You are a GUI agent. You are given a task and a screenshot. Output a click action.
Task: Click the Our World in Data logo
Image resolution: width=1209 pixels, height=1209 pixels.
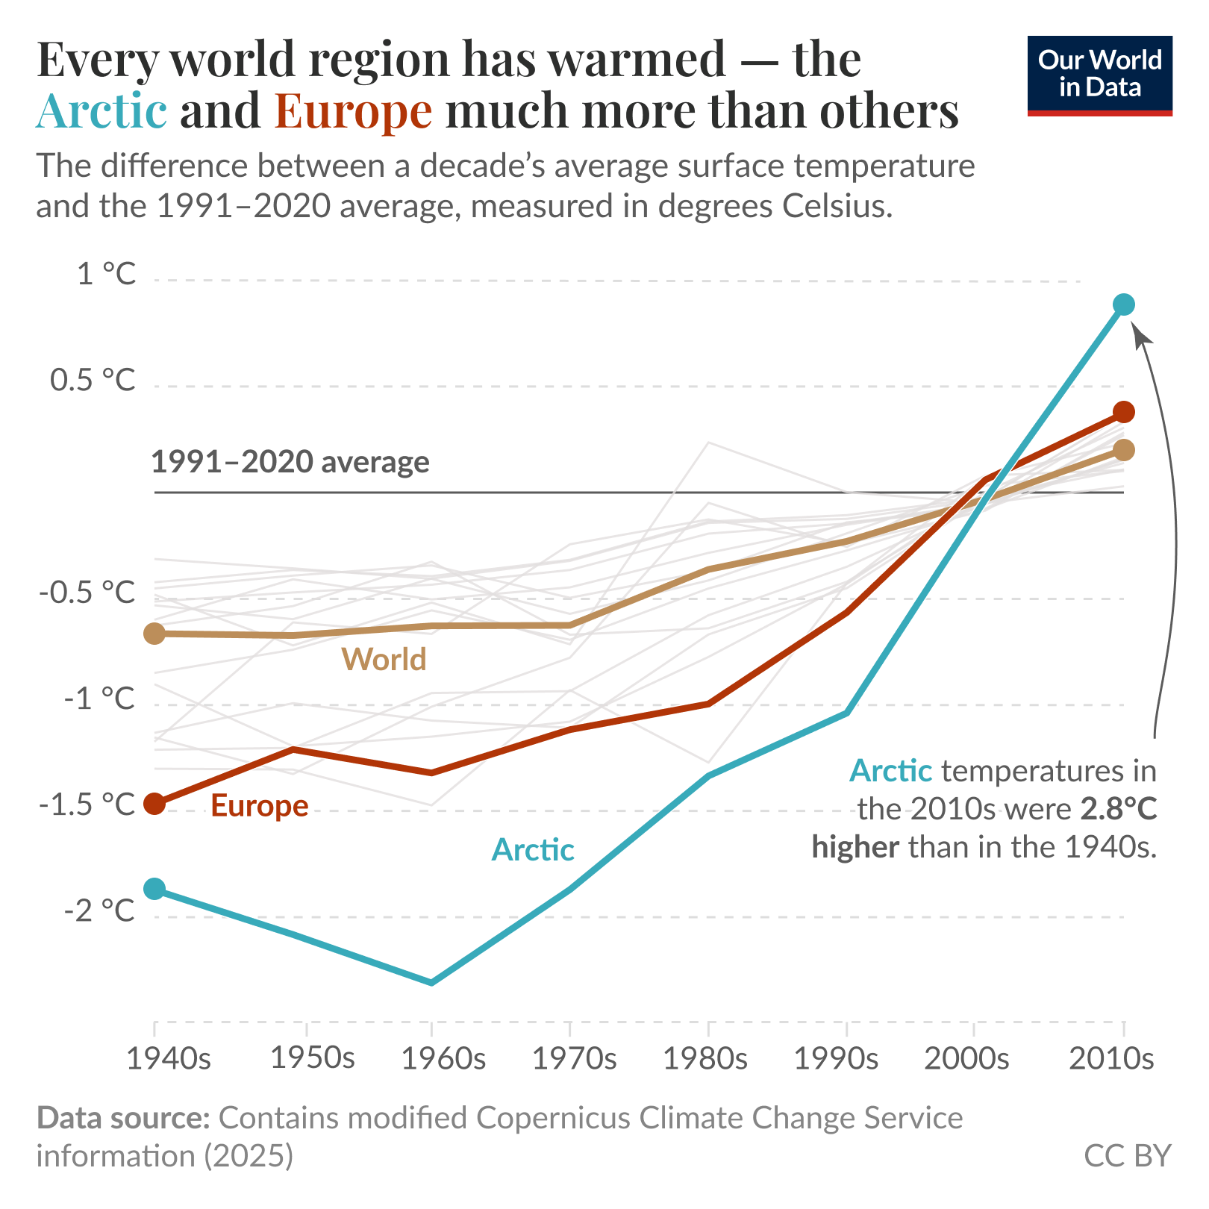[x=1099, y=75]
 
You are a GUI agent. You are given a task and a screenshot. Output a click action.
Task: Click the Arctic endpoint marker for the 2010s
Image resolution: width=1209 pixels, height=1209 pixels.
[x=1123, y=304]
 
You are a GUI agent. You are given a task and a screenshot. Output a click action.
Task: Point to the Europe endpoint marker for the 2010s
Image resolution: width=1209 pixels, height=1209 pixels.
[x=1123, y=412]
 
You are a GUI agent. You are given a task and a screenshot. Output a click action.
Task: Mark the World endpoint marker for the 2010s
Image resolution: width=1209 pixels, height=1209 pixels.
[x=1123, y=450]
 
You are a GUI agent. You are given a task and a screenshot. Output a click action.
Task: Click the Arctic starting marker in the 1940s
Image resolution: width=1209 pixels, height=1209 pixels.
[x=154, y=889]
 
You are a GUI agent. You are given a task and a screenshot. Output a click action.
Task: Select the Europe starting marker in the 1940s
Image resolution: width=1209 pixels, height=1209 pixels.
[x=154, y=804]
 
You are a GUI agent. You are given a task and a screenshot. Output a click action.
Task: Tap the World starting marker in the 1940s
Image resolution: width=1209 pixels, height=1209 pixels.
[x=154, y=634]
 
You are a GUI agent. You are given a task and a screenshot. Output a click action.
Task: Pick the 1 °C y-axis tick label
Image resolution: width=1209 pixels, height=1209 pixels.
[x=107, y=274]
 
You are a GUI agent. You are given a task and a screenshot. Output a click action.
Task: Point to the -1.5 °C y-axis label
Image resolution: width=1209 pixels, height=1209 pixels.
[x=87, y=805]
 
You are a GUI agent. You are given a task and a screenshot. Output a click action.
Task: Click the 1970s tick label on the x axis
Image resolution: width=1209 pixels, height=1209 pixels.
[x=573, y=1058]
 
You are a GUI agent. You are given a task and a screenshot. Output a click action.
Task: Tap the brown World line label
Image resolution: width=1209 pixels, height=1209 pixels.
[x=384, y=660]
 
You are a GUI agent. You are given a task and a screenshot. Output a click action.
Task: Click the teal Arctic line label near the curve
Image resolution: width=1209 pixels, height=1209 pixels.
[x=532, y=850]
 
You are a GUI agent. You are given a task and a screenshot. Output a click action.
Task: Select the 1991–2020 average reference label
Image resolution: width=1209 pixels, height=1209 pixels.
[x=290, y=462]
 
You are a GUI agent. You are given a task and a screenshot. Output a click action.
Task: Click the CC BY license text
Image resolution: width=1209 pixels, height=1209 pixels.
[x=1127, y=1155]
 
